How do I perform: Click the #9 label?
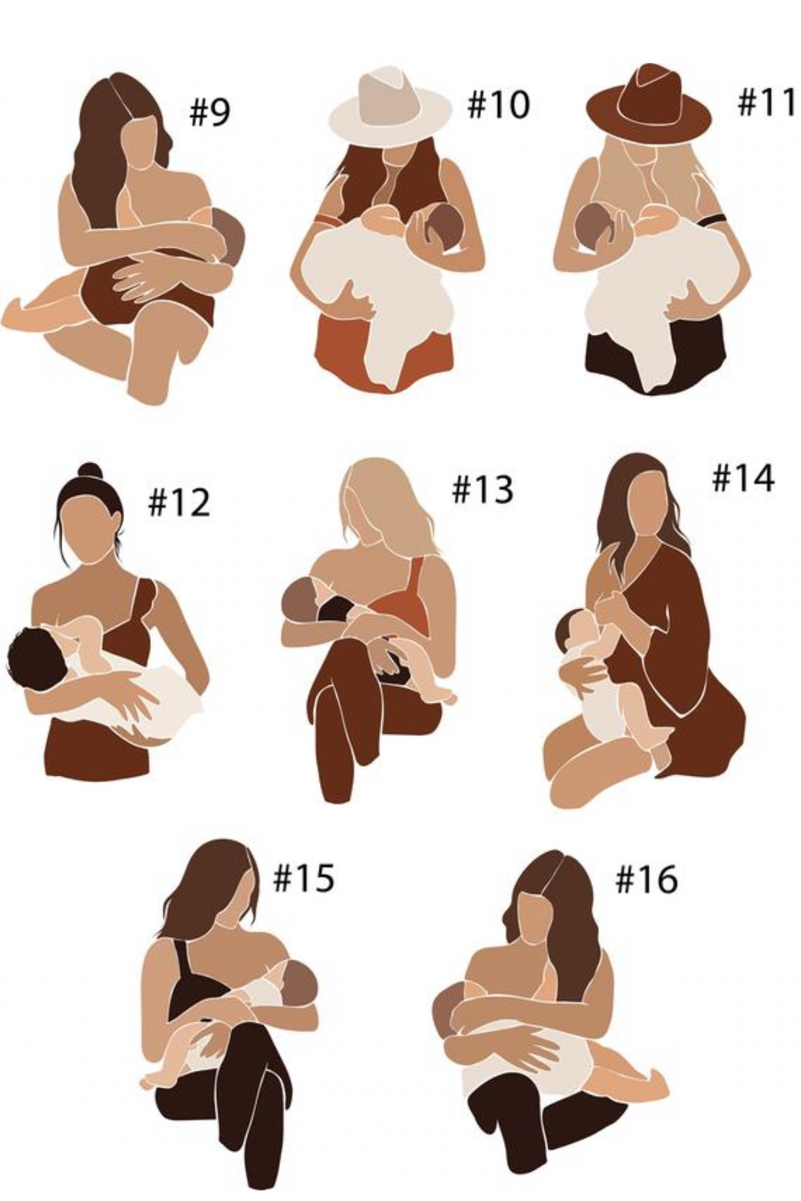click(210, 112)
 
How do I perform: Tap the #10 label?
click(498, 104)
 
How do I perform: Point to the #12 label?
click(179, 503)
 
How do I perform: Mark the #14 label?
click(743, 479)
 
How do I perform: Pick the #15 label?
click(304, 878)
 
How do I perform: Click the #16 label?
click(646, 879)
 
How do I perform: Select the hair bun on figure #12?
click(90, 470)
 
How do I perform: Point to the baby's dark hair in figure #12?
click(34, 658)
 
